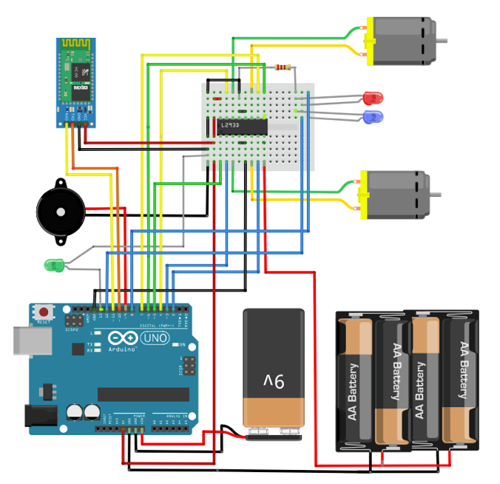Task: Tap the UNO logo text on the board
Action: (155, 338)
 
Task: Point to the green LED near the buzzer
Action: (54, 264)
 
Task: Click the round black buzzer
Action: (59, 212)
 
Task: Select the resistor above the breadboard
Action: (282, 68)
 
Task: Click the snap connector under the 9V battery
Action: (274, 434)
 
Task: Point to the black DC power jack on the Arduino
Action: (41, 416)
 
